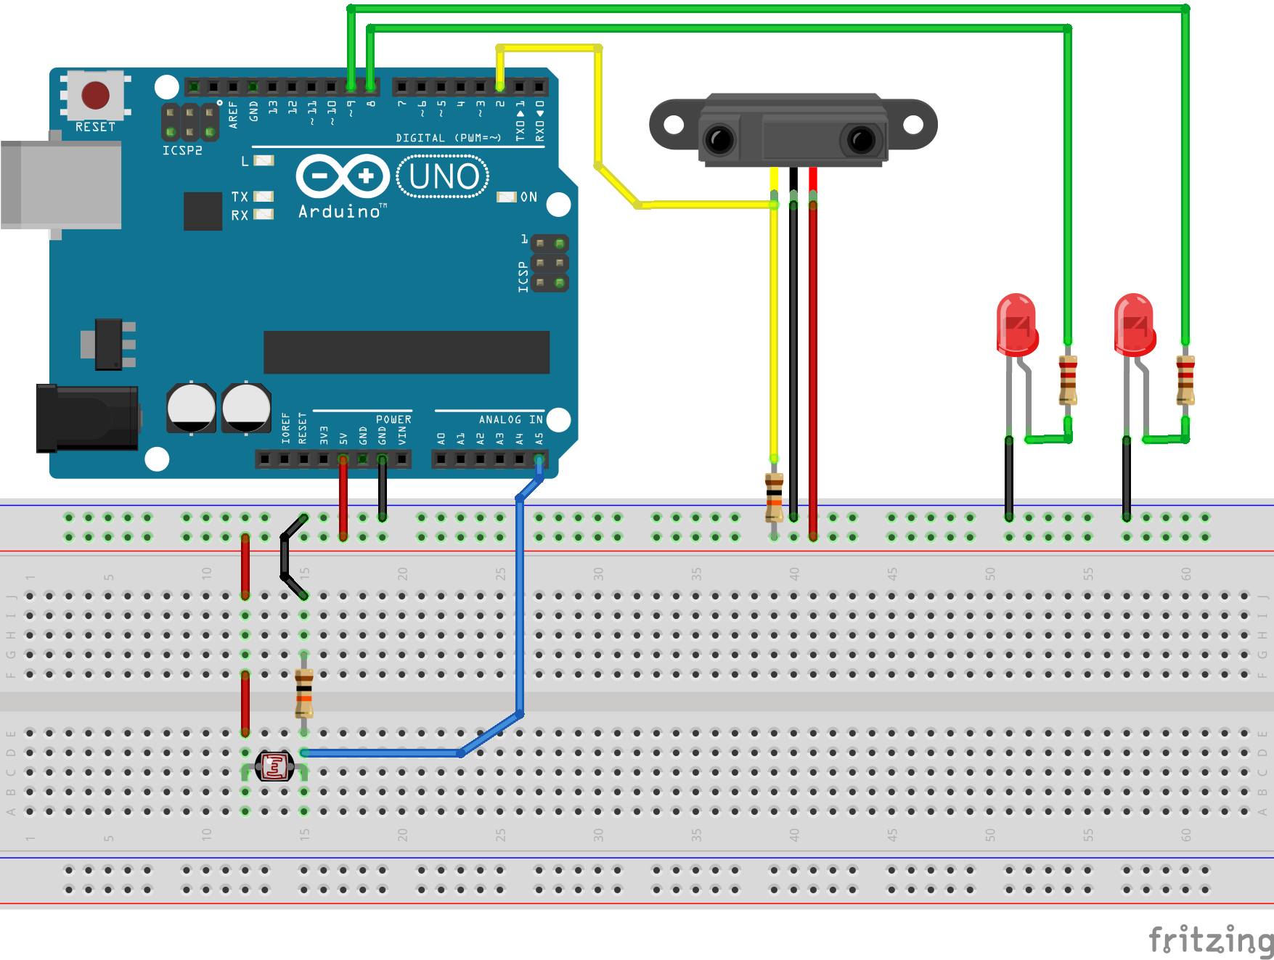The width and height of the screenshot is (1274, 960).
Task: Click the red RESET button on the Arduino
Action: [95, 95]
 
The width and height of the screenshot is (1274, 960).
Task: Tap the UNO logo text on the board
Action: [444, 177]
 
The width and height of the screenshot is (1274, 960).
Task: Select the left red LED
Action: [1017, 325]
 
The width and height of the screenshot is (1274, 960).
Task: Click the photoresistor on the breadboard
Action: [275, 766]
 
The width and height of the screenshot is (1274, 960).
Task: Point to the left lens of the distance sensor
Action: [720, 139]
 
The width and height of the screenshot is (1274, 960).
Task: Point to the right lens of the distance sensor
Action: [861, 139]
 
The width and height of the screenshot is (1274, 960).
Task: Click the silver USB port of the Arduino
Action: [61, 185]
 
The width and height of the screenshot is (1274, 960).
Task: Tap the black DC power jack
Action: [88, 419]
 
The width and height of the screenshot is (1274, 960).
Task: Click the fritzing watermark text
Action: [1210, 940]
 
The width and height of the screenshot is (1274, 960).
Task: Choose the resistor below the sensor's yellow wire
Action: [775, 497]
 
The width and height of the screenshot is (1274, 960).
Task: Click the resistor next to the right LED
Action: [1185, 380]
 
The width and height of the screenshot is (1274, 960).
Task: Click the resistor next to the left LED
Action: [1068, 380]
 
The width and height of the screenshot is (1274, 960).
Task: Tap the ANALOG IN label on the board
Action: [510, 419]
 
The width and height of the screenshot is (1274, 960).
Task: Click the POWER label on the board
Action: [393, 419]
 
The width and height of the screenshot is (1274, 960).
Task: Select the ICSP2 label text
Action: [182, 150]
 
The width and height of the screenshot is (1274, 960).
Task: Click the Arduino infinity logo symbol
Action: [343, 176]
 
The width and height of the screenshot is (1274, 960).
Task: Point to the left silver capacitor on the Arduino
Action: [191, 408]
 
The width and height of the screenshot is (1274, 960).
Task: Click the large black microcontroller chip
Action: [407, 352]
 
